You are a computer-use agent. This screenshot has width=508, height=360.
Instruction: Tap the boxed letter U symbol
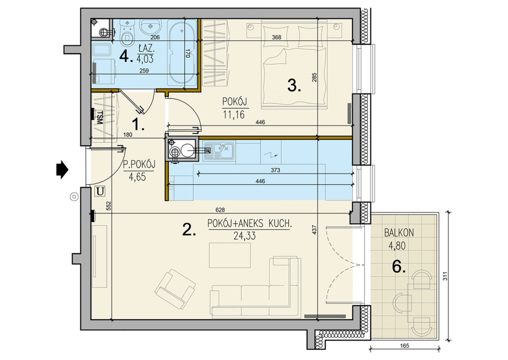[100, 192]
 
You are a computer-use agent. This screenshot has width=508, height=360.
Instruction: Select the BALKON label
[399, 232]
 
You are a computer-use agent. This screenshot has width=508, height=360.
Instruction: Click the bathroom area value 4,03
[145, 59]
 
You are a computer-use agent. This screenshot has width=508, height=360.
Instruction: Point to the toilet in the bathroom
[127, 34]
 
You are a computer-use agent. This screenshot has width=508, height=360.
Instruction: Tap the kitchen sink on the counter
[219, 150]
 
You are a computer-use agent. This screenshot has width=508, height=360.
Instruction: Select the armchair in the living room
[175, 289]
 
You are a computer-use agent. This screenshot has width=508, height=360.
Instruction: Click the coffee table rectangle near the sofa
[230, 255]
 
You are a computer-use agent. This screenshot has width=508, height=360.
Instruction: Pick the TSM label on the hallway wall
[99, 118]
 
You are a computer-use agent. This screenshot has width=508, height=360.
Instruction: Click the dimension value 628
[220, 210]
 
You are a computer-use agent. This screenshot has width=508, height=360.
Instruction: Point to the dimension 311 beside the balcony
[446, 276]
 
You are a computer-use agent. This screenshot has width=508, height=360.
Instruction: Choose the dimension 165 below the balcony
[405, 346]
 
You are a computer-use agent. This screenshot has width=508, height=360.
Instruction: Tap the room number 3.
[294, 86]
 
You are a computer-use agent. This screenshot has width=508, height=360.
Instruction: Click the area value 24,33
[244, 236]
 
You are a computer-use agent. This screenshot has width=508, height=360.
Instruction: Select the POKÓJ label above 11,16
[235, 102]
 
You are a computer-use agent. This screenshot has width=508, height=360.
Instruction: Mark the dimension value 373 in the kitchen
[275, 170]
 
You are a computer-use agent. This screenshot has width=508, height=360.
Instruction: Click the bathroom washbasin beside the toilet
[150, 26]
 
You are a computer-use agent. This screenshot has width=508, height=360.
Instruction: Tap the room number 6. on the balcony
[399, 267]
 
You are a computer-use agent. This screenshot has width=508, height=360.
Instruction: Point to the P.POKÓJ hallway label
[139, 164]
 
